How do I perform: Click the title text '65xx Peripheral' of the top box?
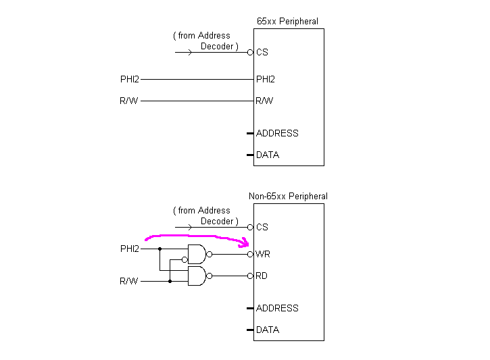click(287, 22)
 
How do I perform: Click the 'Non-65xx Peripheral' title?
click(288, 197)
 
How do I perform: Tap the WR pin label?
click(263, 255)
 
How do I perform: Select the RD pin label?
click(262, 276)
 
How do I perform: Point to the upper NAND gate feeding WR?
click(197, 254)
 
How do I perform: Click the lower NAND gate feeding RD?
click(197, 276)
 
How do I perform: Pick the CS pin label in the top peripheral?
click(262, 52)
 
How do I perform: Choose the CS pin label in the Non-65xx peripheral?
click(262, 227)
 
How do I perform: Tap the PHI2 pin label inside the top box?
click(266, 80)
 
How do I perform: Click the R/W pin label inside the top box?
click(264, 101)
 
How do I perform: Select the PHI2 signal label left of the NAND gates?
click(130, 249)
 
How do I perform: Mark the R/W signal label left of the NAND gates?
click(129, 281)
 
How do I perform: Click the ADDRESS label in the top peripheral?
click(277, 134)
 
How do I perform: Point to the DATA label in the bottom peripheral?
click(268, 330)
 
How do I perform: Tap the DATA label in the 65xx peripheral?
click(268, 155)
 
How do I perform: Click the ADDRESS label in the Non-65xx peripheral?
click(277, 309)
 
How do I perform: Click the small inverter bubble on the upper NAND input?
click(184, 259)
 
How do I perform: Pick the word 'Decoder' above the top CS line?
click(217, 47)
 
